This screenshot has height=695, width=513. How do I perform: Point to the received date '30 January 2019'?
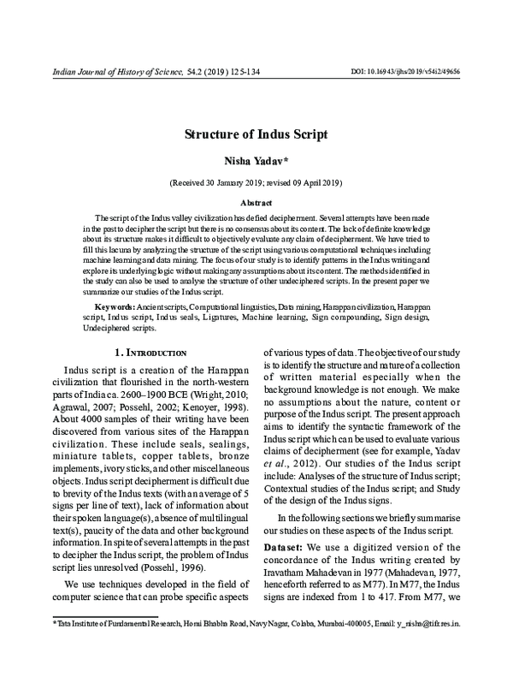pyautogui.click(x=225, y=183)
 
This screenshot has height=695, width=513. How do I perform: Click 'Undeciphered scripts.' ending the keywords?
pyautogui.click(x=119, y=327)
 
